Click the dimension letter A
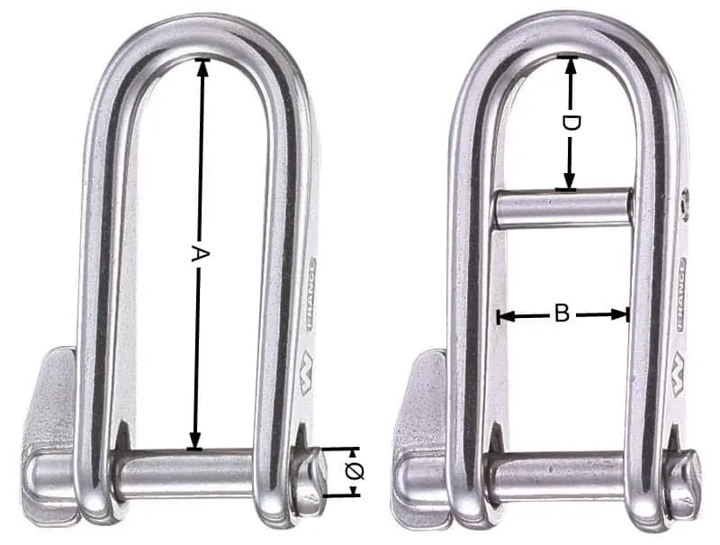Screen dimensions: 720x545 (x=200, y=254)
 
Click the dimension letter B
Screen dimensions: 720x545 (x=562, y=313)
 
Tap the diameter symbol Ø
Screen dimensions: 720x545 (x=354, y=472)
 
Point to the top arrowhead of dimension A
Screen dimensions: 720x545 (x=202, y=67)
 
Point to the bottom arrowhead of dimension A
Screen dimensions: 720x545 (x=195, y=441)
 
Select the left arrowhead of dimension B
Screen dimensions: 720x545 (x=505, y=315)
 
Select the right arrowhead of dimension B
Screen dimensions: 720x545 (x=619, y=314)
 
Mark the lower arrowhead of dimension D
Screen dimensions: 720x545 (x=569, y=180)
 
